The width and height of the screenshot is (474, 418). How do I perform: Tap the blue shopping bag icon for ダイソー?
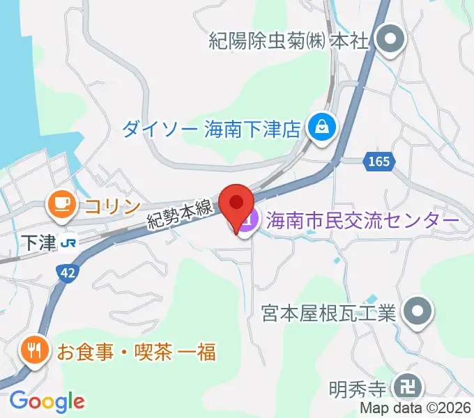(x=322, y=127)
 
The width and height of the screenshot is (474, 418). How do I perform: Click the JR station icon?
(x=68, y=242)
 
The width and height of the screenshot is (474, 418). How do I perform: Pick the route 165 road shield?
(x=379, y=162)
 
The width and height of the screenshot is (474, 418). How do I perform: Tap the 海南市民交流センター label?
(x=360, y=221)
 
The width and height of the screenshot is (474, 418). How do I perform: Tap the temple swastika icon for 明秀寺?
(x=406, y=386)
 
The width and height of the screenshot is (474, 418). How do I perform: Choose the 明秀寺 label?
(x=356, y=386)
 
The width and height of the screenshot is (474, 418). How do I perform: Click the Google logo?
(x=47, y=401)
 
